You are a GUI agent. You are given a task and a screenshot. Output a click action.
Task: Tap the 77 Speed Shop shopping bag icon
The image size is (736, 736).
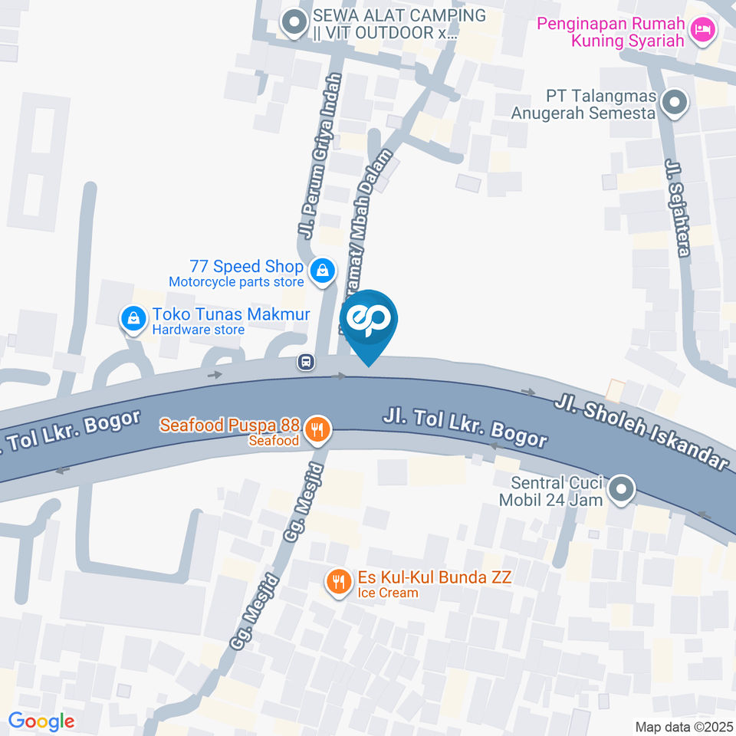coord(323,270)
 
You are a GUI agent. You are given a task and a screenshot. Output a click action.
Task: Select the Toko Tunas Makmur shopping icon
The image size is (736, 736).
coord(134,319)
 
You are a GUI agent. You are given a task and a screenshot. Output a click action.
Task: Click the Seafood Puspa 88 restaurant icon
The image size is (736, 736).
coord(316,430)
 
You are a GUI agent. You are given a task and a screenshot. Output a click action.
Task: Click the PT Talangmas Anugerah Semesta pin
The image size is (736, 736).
coord(675,102)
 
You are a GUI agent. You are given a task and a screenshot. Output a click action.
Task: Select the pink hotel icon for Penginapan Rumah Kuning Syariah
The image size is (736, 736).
coord(701,31)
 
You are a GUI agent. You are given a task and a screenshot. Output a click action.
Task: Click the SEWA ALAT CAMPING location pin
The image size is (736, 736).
coord(292,22)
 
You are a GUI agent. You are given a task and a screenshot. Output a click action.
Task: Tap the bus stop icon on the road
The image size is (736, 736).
coord(306,362)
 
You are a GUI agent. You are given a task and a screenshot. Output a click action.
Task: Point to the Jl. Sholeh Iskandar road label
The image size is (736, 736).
coord(640,432)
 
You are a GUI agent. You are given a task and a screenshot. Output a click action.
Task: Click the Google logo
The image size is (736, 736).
coord(41,721)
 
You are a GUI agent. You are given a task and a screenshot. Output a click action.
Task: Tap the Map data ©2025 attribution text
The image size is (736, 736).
coord(682,726)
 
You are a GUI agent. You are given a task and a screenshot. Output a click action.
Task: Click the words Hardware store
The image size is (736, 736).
coord(198,330)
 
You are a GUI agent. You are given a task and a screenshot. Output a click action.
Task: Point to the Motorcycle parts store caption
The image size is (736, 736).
coord(235,282)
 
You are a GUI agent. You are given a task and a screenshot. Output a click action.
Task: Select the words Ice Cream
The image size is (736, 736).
coord(388,593)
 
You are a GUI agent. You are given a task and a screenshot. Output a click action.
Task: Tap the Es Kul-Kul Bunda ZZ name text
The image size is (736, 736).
coord(434,577)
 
